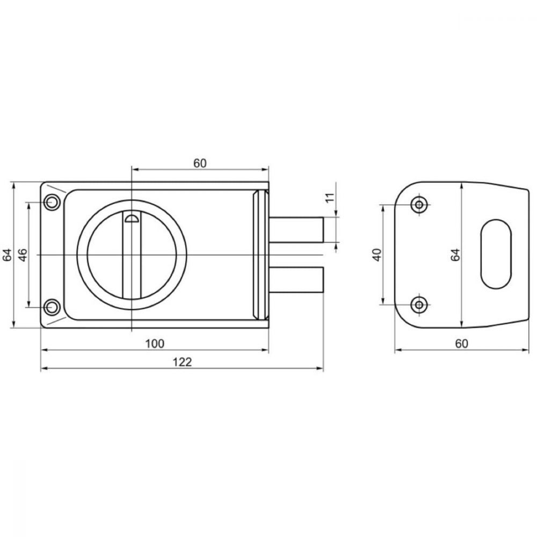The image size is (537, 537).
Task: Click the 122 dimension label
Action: tap(182, 361)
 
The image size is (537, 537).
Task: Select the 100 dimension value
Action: tap(155, 343)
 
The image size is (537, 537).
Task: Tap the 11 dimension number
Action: tap(330, 198)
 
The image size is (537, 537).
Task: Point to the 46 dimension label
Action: tap(23, 255)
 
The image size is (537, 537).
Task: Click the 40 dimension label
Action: tap(377, 255)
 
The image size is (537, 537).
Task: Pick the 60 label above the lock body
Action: tap(200, 163)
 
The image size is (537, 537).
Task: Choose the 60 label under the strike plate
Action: tap(462, 343)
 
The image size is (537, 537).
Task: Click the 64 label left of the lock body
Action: tap(7, 255)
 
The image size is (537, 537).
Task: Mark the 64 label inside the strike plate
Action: tap(455, 255)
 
